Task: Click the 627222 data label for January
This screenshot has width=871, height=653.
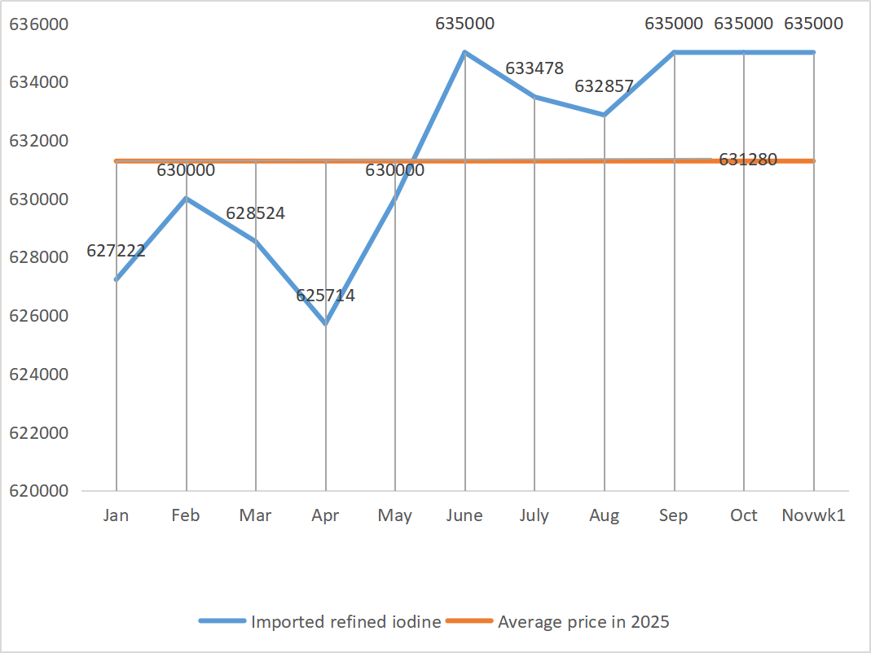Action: tap(116, 251)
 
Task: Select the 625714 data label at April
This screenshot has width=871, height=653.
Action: tap(325, 296)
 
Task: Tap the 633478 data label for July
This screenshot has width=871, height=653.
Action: tap(534, 68)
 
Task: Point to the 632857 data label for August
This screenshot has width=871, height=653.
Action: tap(604, 85)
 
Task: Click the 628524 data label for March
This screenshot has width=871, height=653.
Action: tap(255, 213)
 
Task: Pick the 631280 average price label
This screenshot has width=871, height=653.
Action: tap(748, 160)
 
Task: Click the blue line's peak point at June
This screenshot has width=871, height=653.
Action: tap(465, 53)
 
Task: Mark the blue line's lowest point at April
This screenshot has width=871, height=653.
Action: tap(326, 324)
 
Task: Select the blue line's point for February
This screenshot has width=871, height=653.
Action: tap(187, 199)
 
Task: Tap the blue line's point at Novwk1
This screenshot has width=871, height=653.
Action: tap(813, 53)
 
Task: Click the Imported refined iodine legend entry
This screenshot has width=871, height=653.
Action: tap(345, 622)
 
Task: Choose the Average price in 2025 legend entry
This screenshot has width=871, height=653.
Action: tap(583, 622)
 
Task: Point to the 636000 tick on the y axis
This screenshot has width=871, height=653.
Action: tap(39, 24)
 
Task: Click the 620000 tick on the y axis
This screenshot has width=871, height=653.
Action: tap(39, 491)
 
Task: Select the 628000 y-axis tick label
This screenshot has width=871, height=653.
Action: tap(39, 257)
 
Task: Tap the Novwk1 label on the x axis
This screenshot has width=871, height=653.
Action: tap(813, 515)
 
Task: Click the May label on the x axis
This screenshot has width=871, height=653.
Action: tap(395, 515)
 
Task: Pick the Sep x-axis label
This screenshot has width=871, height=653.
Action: tap(674, 515)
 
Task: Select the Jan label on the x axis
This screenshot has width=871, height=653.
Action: tap(117, 515)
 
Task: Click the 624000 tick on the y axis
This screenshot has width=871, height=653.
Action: tap(39, 375)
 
